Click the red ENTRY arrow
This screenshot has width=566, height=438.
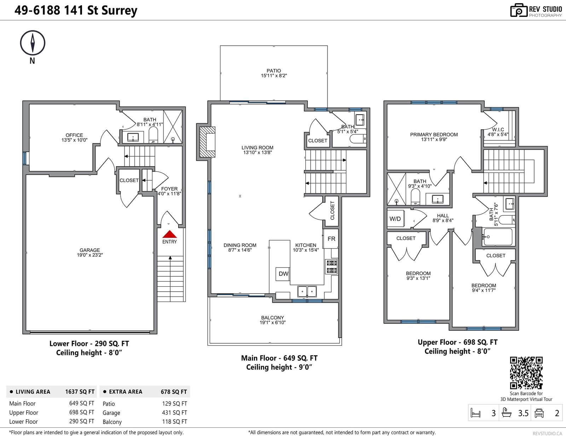(169, 234)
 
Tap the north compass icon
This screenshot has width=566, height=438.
(33, 43)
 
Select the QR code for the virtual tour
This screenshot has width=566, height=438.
(526, 373)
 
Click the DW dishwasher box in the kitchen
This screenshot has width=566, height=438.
(283, 274)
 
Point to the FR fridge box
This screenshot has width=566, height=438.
(331, 239)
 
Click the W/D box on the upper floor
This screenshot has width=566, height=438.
(395, 218)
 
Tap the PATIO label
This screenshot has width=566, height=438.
(274, 71)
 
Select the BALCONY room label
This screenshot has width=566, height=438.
(272, 317)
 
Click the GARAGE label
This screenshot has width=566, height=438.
(89, 250)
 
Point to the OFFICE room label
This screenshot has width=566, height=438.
(74, 135)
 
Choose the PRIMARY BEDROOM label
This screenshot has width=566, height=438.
(434, 135)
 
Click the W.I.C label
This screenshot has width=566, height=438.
(498, 129)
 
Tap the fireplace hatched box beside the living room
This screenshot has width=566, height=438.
(207, 142)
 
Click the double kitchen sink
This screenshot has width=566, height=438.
(307, 292)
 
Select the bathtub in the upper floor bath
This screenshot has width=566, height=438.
(498, 237)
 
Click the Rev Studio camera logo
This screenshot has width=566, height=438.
(519, 10)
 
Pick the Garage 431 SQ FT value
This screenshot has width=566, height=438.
(174, 413)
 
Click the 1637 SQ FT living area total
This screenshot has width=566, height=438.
(80, 392)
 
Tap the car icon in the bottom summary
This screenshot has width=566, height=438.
(539, 413)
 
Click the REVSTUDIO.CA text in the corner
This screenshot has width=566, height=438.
(547, 433)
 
